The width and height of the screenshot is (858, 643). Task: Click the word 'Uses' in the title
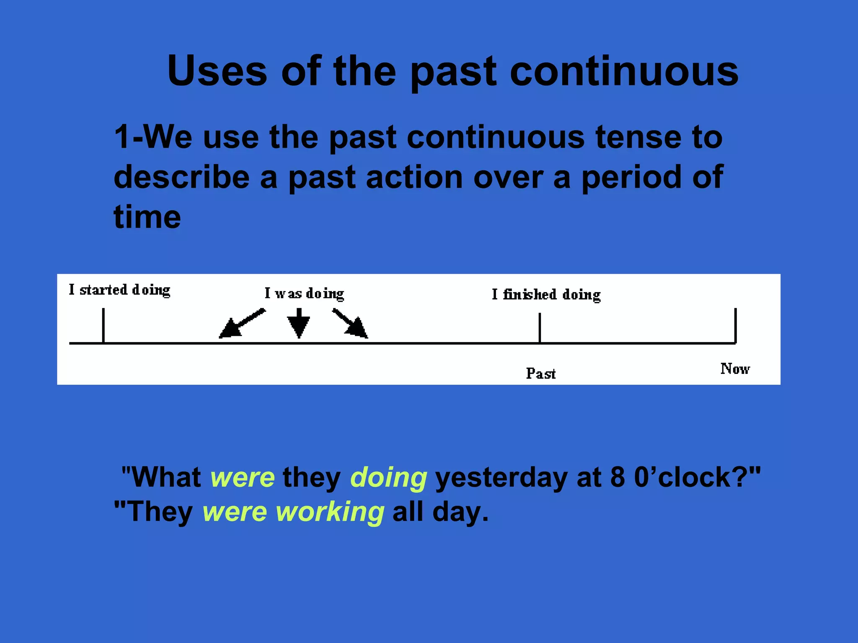pyautogui.click(x=217, y=71)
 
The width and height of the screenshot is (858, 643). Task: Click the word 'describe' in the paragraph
pyautogui.click(x=181, y=177)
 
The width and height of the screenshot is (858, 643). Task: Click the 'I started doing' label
pyautogui.click(x=119, y=290)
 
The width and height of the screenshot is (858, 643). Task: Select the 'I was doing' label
pyautogui.click(x=304, y=293)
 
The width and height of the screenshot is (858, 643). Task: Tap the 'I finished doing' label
pyautogui.click(x=546, y=295)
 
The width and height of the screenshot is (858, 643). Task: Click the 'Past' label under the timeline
pyautogui.click(x=540, y=373)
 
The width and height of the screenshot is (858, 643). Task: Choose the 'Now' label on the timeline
pyautogui.click(x=735, y=369)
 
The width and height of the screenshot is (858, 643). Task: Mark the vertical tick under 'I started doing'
pyautogui.click(x=103, y=326)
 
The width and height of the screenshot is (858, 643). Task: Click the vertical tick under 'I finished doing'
pyautogui.click(x=540, y=328)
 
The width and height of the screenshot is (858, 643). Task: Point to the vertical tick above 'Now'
pyautogui.click(x=735, y=326)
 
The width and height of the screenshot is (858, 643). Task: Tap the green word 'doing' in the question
pyautogui.click(x=388, y=478)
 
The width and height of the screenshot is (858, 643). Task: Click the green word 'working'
pyautogui.click(x=330, y=512)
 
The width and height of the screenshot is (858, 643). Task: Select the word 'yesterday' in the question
pyautogui.click(x=501, y=478)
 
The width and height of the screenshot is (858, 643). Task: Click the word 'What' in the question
pyautogui.click(x=166, y=478)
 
